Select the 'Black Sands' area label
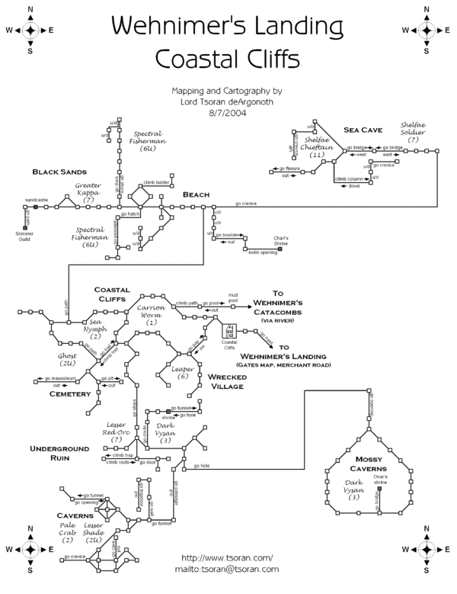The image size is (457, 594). (59, 172)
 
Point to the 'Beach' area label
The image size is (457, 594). (196, 195)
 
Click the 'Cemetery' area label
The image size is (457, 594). (72, 393)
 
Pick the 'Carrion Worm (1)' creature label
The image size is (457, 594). (152, 315)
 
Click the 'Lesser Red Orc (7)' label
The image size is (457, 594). (117, 432)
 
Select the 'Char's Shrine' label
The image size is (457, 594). (283, 239)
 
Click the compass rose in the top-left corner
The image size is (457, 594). (30, 31)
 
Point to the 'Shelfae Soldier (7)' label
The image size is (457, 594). (414, 132)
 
